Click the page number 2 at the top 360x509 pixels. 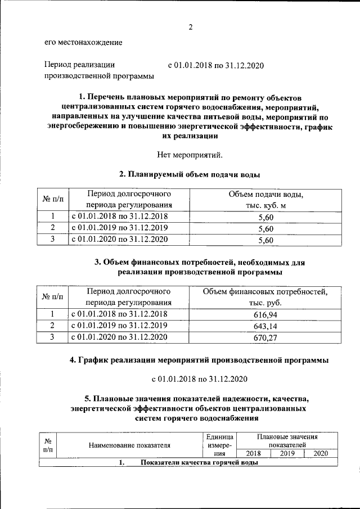pos(191,26)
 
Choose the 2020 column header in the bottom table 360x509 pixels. pos(320,453)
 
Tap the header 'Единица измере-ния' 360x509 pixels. pos(216,445)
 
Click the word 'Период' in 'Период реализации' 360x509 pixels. pos(60,65)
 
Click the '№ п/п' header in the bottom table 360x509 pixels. pos(48,445)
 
